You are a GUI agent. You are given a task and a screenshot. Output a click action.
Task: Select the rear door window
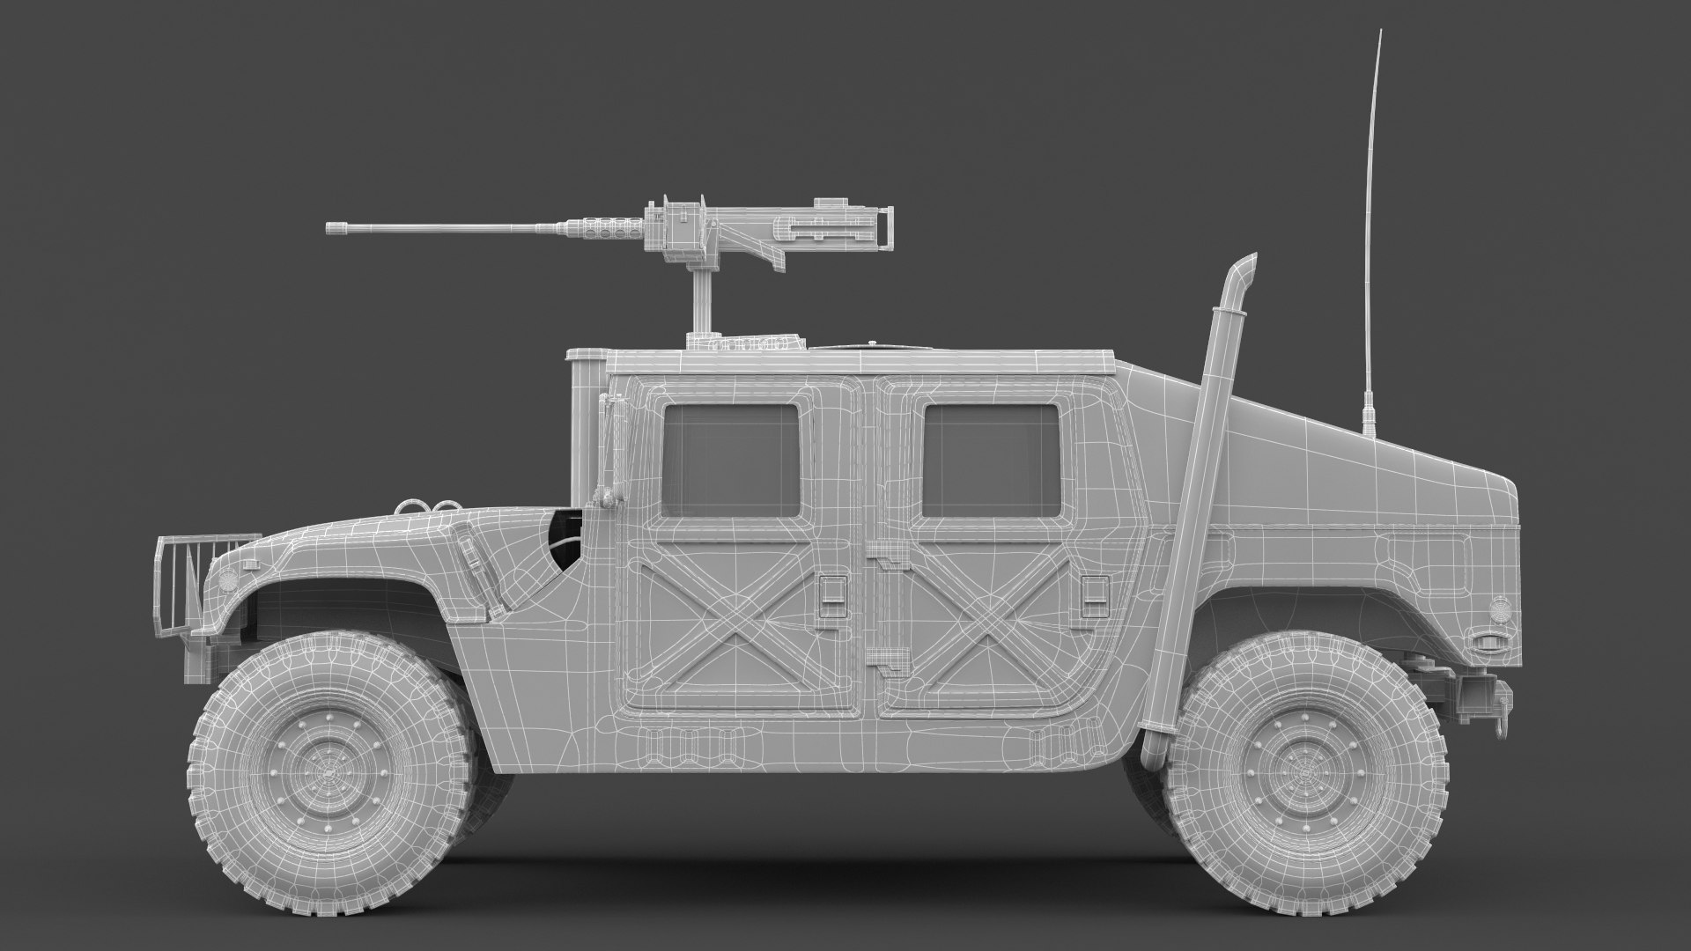pos(991,461)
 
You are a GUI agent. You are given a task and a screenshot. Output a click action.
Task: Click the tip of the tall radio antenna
pos(1380,32)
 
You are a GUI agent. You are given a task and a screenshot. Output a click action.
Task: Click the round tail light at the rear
pos(1498,608)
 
